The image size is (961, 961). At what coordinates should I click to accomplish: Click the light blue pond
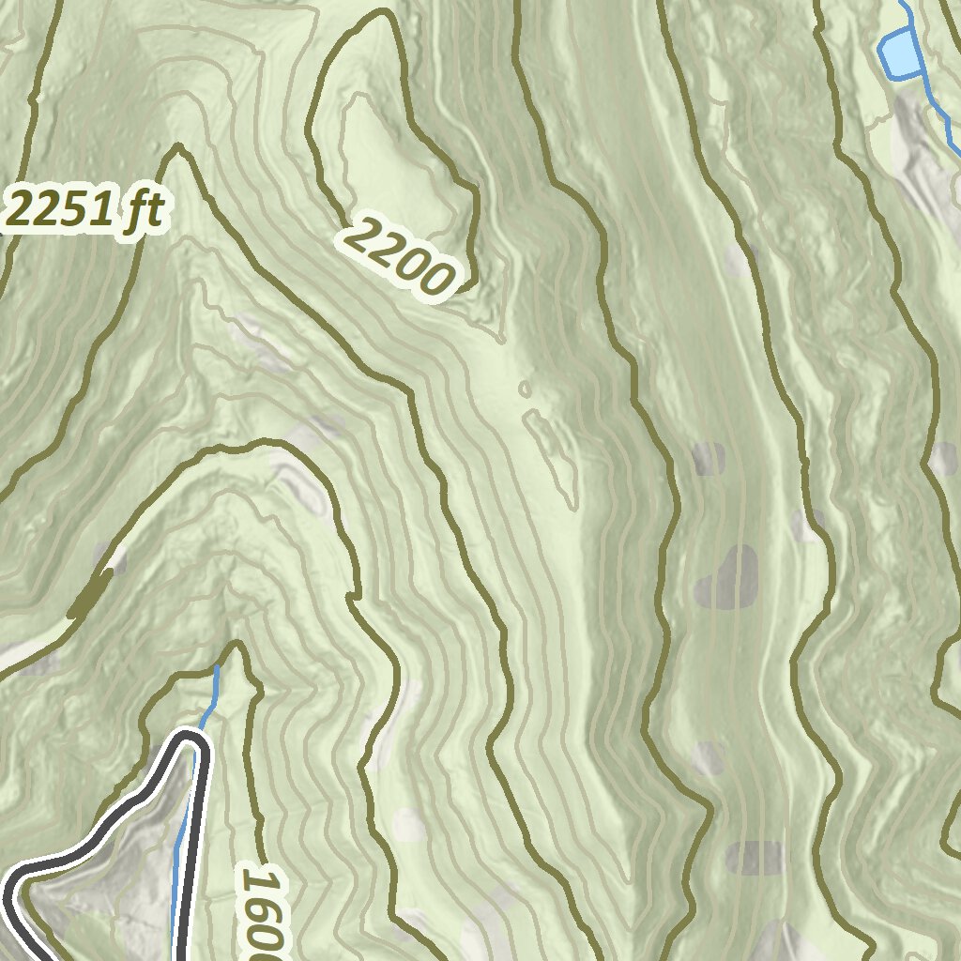click(x=898, y=53)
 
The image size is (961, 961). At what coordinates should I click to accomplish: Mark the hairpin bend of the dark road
click(x=192, y=741)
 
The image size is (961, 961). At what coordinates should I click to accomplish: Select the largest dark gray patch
click(x=727, y=577)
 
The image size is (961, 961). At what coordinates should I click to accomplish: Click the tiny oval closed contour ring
click(x=524, y=389)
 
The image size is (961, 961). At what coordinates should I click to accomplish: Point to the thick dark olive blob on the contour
click(x=91, y=594)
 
